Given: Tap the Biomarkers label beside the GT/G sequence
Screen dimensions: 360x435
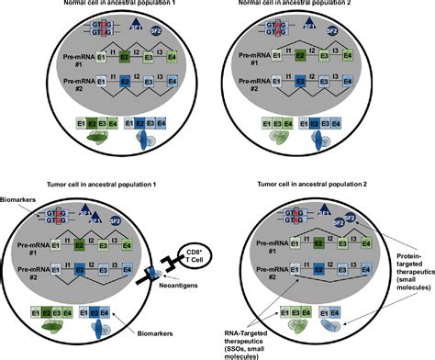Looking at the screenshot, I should coord(20,209).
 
